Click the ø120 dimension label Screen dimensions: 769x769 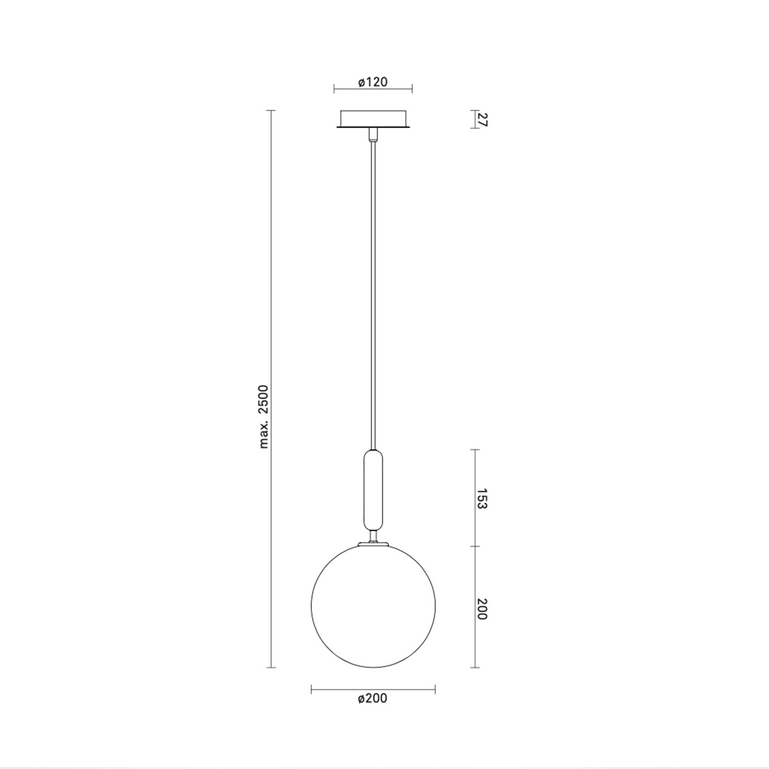point(373,82)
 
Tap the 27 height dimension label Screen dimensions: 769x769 point(483,119)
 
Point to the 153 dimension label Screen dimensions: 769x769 point(483,498)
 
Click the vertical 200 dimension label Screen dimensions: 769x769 point(483,608)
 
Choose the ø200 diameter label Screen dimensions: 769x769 point(373,698)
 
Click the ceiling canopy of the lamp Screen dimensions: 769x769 point(373,119)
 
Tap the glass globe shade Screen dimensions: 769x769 point(373,606)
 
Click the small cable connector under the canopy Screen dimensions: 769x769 point(373,134)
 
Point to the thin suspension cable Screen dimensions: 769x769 point(373,288)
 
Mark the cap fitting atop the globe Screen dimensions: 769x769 point(373,543)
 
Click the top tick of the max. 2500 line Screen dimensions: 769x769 point(270,111)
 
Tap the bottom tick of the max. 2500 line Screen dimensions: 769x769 point(270,668)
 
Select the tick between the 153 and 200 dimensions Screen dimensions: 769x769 point(475,546)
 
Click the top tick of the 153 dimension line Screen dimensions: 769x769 point(475,450)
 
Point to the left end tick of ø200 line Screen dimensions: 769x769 point(311,689)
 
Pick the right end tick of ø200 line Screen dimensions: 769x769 point(435,689)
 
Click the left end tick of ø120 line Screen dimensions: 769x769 point(335,89)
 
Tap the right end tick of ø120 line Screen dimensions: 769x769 point(411,89)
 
